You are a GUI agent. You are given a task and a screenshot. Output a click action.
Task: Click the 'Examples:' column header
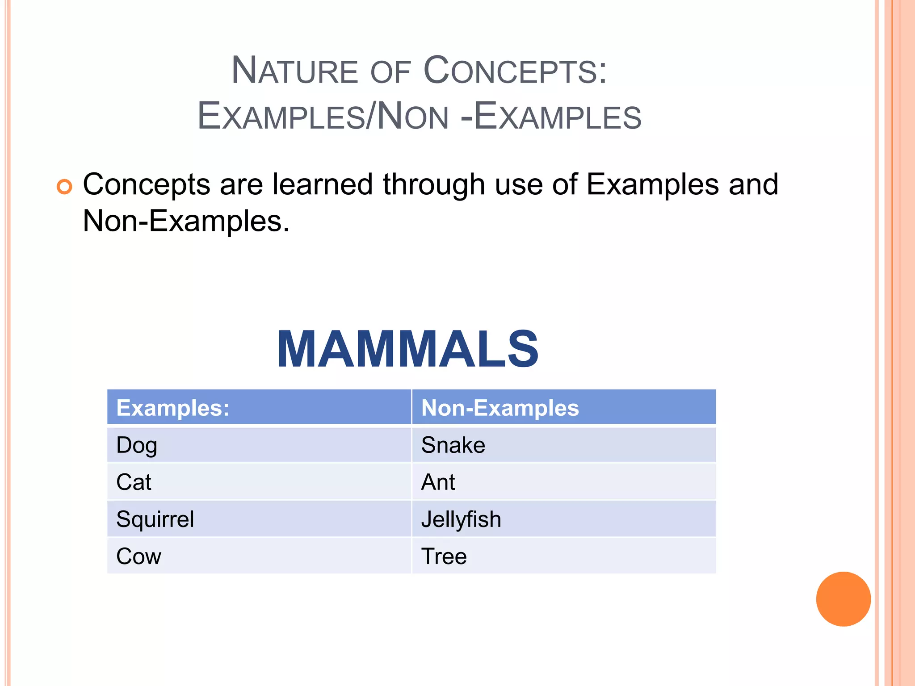[173, 408]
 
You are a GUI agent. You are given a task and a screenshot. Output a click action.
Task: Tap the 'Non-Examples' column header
[500, 408]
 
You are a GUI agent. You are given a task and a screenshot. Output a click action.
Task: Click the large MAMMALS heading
[408, 349]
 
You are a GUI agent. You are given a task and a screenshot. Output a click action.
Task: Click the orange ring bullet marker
[64, 187]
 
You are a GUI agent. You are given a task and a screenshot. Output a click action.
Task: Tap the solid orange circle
[843, 599]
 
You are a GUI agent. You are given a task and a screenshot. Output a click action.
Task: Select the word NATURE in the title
[294, 71]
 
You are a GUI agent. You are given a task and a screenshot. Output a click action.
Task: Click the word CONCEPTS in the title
[515, 71]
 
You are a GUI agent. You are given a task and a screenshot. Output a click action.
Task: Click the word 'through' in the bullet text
[434, 185]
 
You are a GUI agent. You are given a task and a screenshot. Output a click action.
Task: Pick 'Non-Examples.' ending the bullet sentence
[186, 221]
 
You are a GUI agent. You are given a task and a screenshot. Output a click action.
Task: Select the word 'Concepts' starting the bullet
[147, 185]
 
